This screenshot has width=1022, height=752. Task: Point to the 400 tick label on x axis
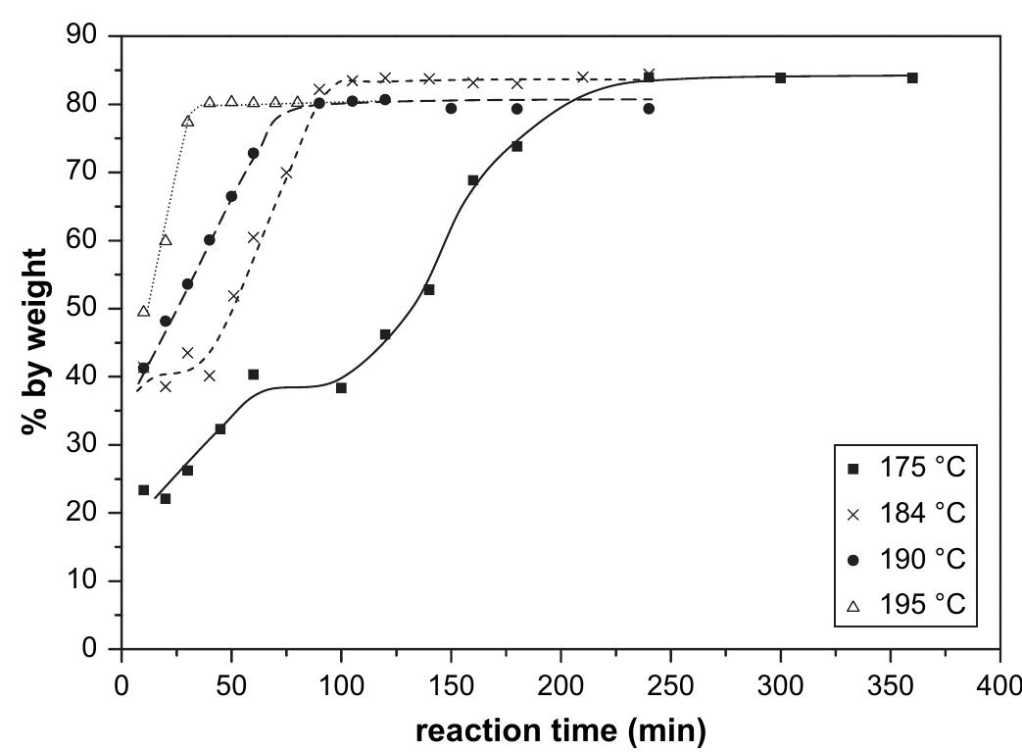click(x=998, y=680)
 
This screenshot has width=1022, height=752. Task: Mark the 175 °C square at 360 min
click(x=912, y=77)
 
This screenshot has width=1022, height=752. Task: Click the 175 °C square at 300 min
click(x=781, y=77)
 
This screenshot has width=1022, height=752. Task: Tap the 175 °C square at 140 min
click(x=429, y=290)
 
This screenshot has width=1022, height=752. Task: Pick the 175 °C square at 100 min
click(x=341, y=388)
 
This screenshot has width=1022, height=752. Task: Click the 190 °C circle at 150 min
click(x=451, y=109)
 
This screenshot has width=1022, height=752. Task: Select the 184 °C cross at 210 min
click(x=582, y=77)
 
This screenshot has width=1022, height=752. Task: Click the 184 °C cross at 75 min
click(x=286, y=174)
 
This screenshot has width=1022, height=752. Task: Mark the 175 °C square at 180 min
click(x=516, y=146)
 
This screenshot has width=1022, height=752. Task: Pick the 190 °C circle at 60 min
click(x=253, y=153)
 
